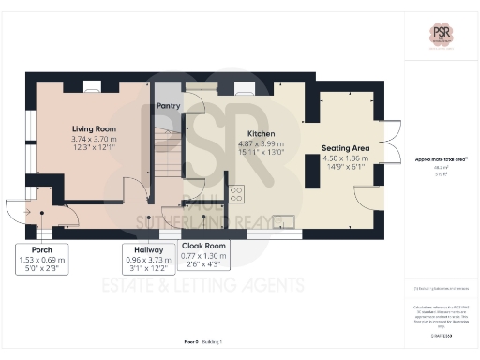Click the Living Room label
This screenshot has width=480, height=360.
point(93,128)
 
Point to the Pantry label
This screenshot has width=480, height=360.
point(169,106)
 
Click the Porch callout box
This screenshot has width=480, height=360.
point(40,256)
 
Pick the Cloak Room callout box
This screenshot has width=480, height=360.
point(203,256)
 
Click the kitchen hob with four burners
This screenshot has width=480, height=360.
point(235,195)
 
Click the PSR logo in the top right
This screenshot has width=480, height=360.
point(441,35)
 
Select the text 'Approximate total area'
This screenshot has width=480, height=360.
point(441,160)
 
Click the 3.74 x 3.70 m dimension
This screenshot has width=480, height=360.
point(93,138)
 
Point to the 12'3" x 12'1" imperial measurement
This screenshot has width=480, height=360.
point(93,147)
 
